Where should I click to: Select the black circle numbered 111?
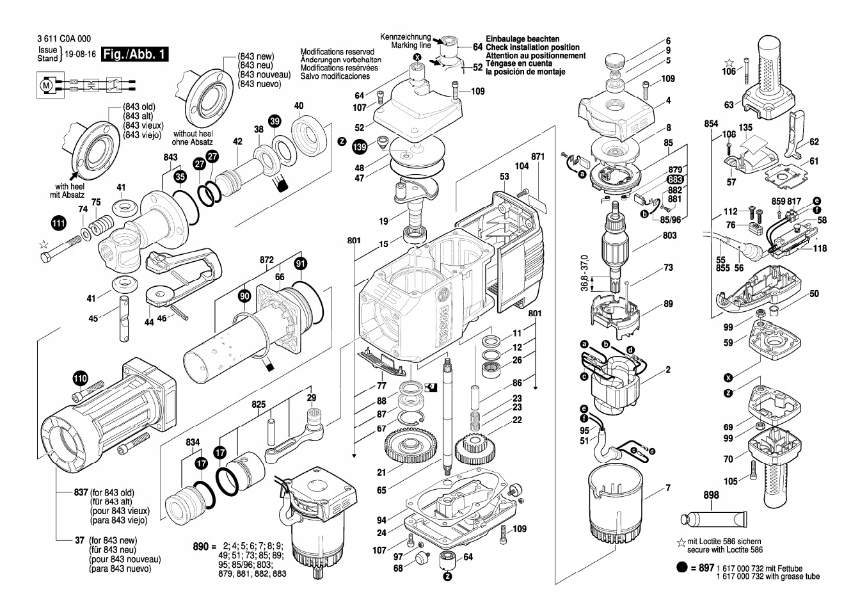(59, 223)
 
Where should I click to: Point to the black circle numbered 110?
(79, 378)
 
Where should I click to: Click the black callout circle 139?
(360, 147)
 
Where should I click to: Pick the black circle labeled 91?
(301, 262)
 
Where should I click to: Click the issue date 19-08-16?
(80, 54)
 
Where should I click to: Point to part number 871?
(537, 157)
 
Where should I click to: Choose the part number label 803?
(669, 236)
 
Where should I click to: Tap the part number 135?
(745, 128)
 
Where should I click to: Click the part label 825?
(259, 404)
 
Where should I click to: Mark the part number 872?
(267, 261)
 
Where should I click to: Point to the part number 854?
(711, 124)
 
